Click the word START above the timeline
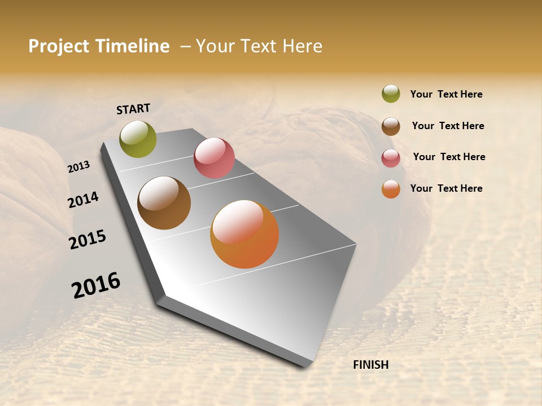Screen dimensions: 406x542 133,109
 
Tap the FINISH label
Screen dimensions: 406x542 371,365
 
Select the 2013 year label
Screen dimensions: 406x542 78,167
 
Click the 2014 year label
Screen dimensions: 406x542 83,200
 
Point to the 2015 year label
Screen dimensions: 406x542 88,240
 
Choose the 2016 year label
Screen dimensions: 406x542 96,285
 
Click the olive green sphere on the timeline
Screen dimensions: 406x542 138,139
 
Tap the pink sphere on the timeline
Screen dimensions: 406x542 214,158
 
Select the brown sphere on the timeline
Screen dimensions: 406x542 164,203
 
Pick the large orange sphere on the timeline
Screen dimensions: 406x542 244,234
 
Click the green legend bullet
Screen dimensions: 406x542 391,94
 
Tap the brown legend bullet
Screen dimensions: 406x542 391,126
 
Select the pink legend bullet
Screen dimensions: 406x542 391,158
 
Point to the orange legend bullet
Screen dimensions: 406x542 391,189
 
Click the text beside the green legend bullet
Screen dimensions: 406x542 446,95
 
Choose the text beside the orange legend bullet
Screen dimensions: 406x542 446,188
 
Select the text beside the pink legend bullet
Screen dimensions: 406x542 449,157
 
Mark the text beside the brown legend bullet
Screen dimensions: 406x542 448,126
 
